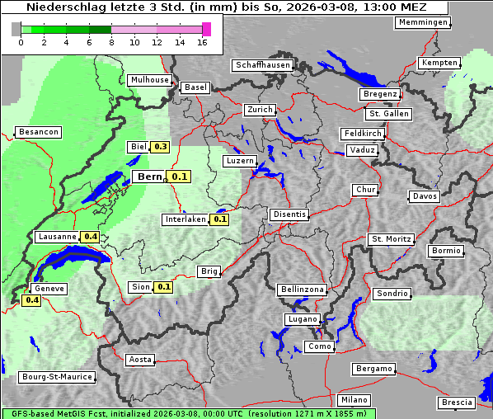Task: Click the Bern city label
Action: coord(149,177)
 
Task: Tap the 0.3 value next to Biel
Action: coord(160,147)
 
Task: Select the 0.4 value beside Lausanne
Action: coord(91,237)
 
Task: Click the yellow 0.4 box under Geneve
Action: coord(32,300)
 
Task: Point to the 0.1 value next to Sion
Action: coord(163,287)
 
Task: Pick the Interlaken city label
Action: coord(185,219)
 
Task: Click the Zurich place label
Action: coord(260,110)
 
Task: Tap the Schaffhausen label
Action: coord(262,65)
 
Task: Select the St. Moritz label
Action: coord(391,239)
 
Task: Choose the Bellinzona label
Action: coord(303,290)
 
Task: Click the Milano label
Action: coord(354,399)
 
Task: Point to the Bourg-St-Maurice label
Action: coord(57,377)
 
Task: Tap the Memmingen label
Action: coord(423,22)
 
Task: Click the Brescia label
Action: coord(457,403)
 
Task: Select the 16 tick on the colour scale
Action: coord(202,43)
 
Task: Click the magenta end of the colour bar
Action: coord(206,29)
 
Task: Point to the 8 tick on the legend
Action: coord(111,43)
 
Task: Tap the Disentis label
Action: coord(289,214)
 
